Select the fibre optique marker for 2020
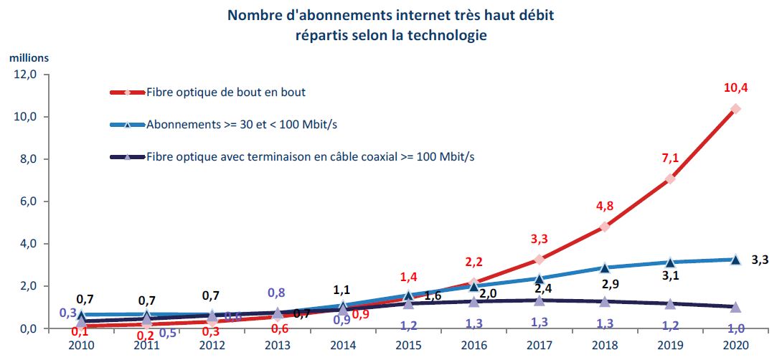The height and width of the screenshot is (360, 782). pos(735,109)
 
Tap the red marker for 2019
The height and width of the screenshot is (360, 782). pos(670,179)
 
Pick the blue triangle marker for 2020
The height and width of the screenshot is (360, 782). pos(735,260)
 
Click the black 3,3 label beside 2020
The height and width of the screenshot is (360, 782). pos(760,260)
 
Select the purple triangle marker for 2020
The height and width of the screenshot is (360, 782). pos(735,307)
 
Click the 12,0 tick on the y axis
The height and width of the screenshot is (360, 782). pos(29,75)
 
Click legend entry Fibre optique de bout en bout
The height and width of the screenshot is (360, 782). pos(226,92)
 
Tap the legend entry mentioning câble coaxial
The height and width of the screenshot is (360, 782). pos(310,156)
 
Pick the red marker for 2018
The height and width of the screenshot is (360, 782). pos(605,227)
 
